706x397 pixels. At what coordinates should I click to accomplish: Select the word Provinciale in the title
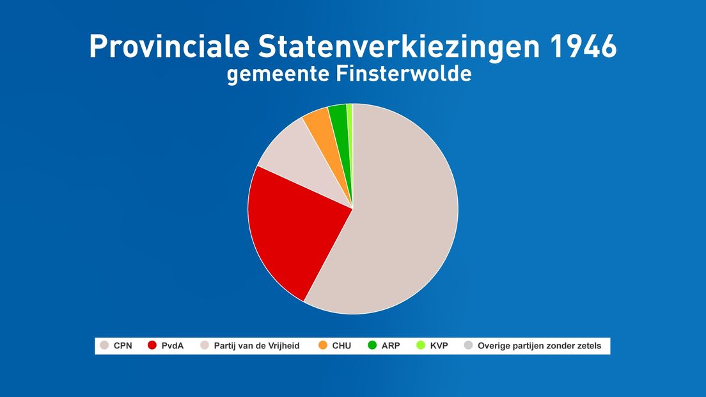click(169, 46)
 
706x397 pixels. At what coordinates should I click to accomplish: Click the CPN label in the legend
click(123, 346)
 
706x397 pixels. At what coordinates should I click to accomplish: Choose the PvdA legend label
click(173, 346)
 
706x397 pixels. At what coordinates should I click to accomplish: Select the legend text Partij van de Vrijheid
click(256, 346)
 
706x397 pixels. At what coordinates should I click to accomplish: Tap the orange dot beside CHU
click(323, 345)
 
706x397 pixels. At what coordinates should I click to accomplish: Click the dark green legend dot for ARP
click(372, 345)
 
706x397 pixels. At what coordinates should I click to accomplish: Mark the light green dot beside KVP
click(421, 345)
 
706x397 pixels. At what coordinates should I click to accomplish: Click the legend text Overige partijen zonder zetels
click(539, 346)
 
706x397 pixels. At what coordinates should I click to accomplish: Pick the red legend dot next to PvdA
click(152, 345)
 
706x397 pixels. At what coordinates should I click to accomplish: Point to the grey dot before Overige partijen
click(468, 345)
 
